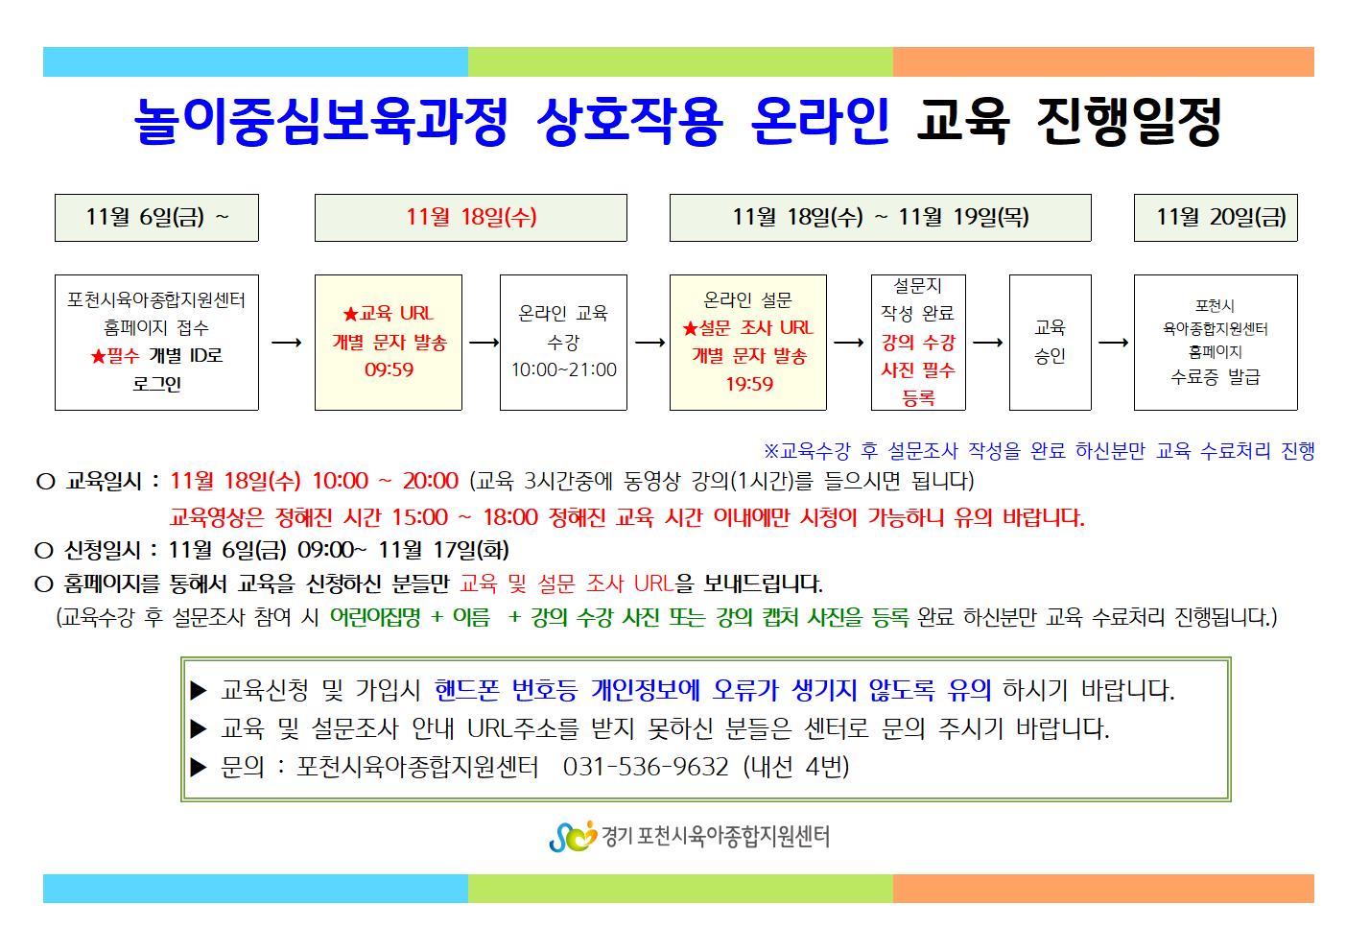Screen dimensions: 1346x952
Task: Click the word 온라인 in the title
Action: point(820,122)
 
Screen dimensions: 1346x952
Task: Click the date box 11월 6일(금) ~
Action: point(156,218)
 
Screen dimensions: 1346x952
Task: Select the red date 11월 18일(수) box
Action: point(470,218)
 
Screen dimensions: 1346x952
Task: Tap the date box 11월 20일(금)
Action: point(1216,218)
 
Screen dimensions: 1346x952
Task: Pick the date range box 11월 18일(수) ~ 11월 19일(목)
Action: point(881,218)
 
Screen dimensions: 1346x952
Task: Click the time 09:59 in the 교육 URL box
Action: point(389,369)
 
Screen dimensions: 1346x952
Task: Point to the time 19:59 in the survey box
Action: point(748,384)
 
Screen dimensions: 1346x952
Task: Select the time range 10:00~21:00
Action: point(564,369)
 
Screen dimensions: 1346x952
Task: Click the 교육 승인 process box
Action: point(1051,343)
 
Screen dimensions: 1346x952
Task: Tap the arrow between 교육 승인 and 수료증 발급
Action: point(1113,343)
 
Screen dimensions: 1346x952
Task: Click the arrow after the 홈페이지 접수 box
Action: point(287,343)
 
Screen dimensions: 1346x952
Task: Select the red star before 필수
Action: point(98,356)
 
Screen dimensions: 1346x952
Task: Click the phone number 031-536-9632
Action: point(646,767)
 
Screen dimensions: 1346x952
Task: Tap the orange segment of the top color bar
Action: point(1103,62)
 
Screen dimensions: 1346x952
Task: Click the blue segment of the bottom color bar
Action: point(255,889)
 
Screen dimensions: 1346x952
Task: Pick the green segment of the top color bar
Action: point(680,62)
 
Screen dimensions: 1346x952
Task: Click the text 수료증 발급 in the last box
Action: point(1215,377)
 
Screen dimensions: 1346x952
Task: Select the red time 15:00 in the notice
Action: point(420,517)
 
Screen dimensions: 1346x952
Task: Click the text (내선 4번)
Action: point(796,767)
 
